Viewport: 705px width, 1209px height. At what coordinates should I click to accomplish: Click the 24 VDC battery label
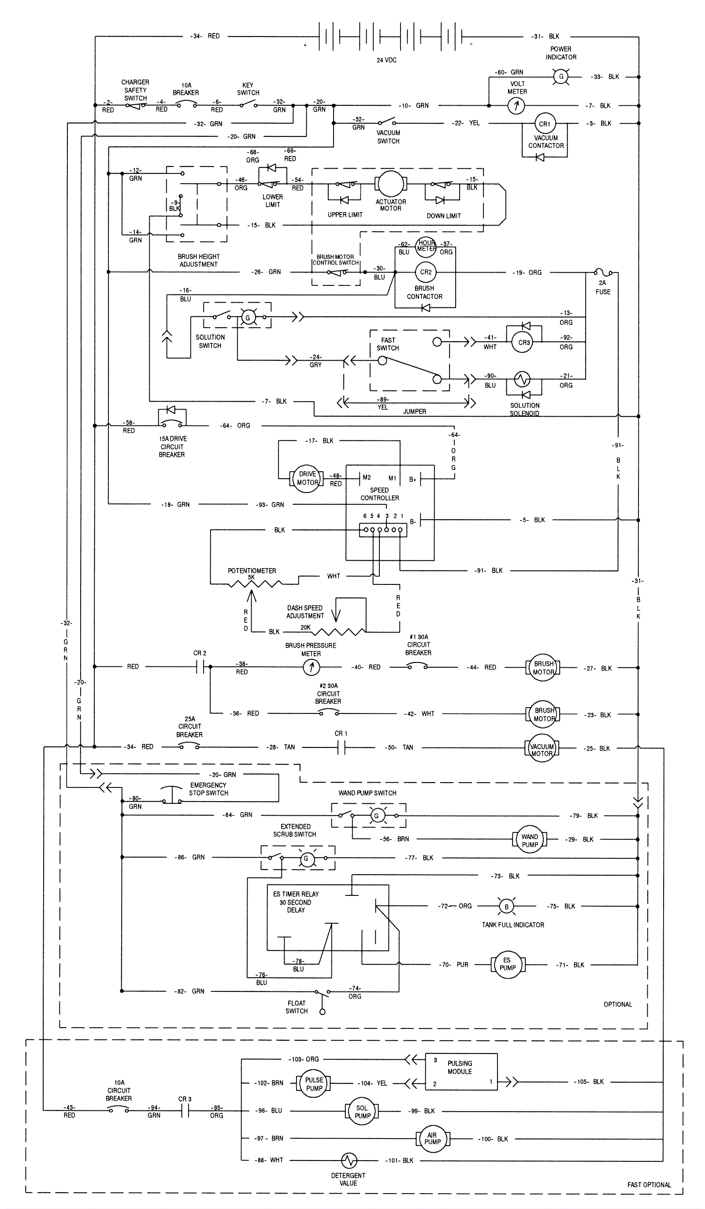coord(386,60)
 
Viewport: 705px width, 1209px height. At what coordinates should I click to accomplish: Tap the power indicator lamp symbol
coord(560,77)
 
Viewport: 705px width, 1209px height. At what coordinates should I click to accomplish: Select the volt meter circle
coord(516,106)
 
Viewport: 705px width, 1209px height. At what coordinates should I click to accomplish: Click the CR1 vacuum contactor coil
coord(544,124)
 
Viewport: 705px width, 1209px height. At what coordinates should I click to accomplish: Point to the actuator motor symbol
coord(391,184)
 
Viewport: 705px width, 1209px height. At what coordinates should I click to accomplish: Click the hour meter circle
coord(426,246)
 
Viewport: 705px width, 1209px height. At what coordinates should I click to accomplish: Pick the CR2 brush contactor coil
coord(426,272)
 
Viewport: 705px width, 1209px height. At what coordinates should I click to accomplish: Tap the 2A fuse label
coord(603,287)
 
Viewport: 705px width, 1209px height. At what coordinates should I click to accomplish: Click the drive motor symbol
coord(307,478)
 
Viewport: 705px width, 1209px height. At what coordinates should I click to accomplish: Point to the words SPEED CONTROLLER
coord(379,494)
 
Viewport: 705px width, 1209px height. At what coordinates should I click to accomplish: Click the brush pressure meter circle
coord(311,667)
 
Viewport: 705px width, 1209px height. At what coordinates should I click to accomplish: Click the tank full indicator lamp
coord(506,907)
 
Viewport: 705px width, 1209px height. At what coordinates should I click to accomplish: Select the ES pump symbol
coord(507,964)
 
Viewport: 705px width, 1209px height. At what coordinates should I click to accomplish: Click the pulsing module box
coord(461,1072)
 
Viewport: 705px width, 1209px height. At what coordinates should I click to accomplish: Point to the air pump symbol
coord(432,1139)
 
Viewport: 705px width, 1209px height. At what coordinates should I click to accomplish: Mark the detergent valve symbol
coord(349,1161)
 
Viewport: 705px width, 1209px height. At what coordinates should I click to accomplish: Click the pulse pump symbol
coord(314,1084)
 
